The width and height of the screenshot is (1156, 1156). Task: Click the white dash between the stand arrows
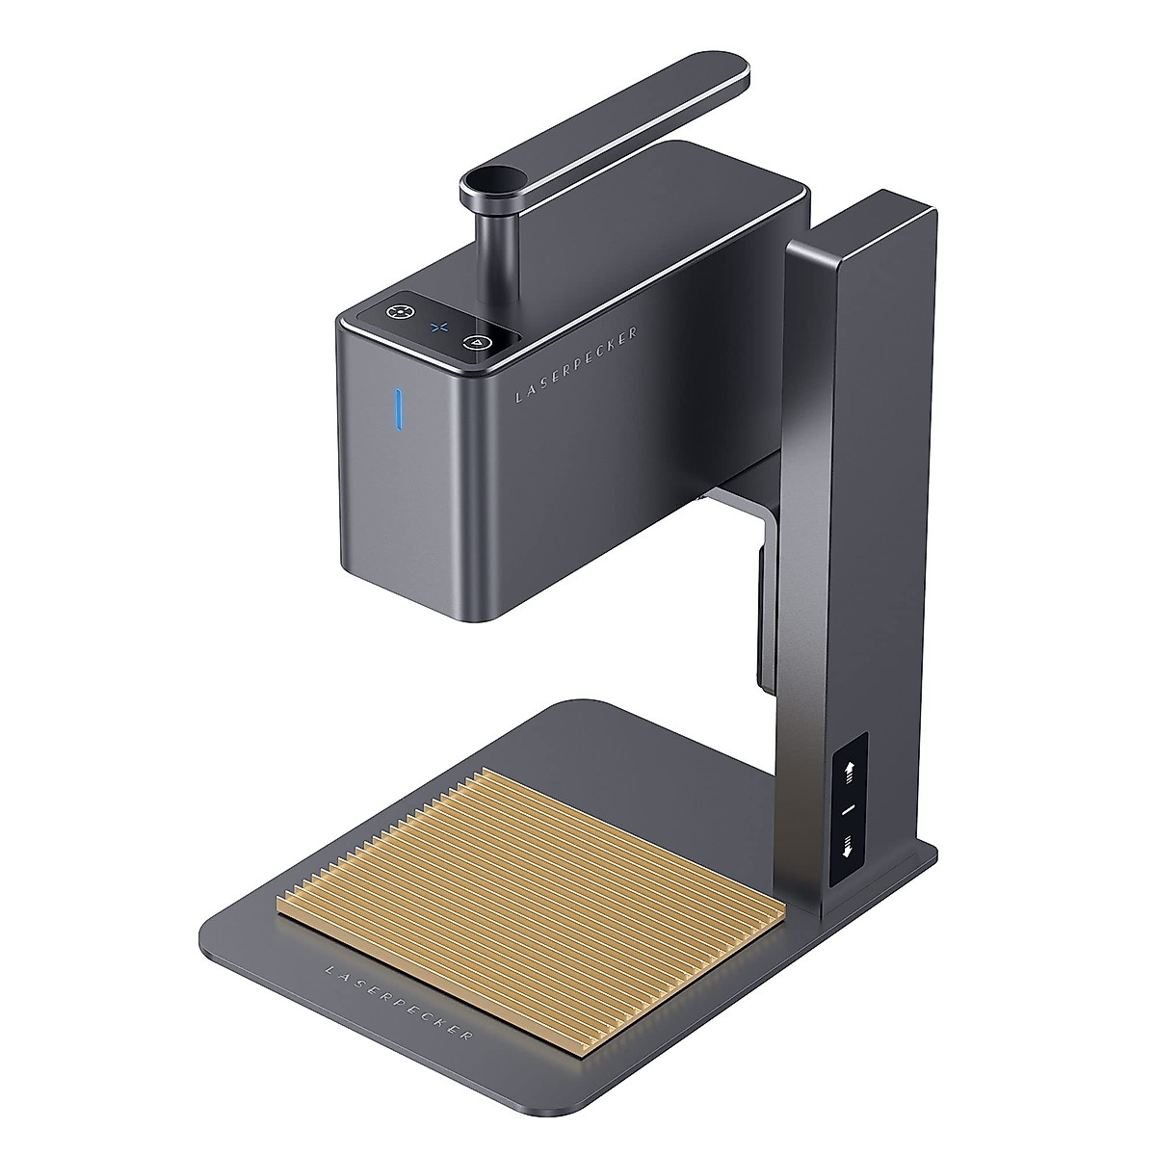tap(848, 810)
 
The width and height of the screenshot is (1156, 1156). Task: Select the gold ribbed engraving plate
tap(530, 867)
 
